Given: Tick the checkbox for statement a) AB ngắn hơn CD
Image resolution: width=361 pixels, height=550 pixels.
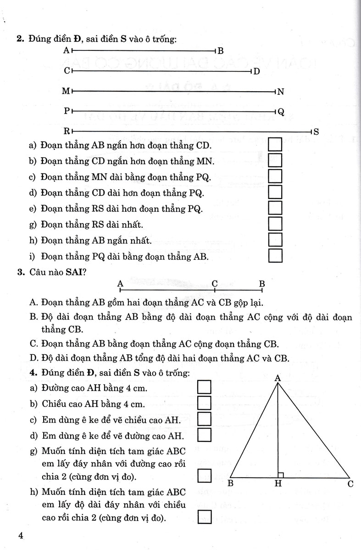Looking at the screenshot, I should (275, 145).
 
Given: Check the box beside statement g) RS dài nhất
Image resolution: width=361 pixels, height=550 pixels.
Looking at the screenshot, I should (275, 224).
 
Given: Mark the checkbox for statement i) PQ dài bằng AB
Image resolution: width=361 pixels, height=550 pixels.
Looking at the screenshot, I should (275, 255).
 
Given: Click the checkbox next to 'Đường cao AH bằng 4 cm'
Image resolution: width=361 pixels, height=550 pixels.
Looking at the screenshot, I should (204, 388).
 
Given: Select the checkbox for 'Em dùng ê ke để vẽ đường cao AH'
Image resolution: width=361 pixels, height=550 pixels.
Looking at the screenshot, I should (204, 434).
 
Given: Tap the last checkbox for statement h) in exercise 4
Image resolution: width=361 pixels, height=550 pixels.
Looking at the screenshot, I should (204, 518).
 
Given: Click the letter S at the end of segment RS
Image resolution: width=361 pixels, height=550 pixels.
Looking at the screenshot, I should (316, 132).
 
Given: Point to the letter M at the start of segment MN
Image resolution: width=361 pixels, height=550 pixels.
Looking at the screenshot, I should (66, 92).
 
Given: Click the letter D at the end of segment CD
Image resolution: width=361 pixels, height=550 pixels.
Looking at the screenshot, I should (256, 71).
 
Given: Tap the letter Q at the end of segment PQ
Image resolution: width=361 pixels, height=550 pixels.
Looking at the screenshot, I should (281, 111).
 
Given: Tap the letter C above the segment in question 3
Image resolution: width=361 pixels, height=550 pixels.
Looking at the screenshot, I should (214, 283).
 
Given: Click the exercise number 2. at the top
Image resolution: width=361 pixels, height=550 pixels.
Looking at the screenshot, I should (20, 39).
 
